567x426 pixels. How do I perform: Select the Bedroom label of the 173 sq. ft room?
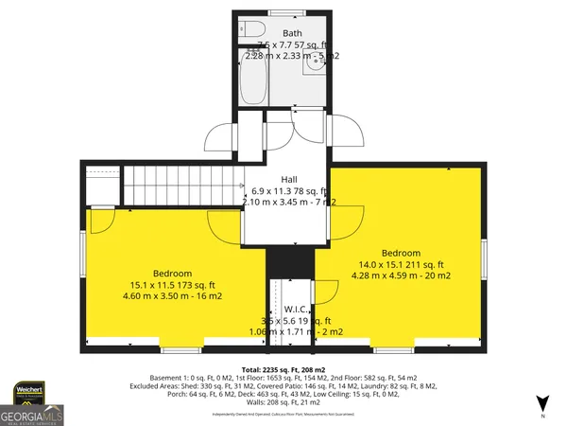173,273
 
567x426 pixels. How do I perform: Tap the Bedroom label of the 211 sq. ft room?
402,253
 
